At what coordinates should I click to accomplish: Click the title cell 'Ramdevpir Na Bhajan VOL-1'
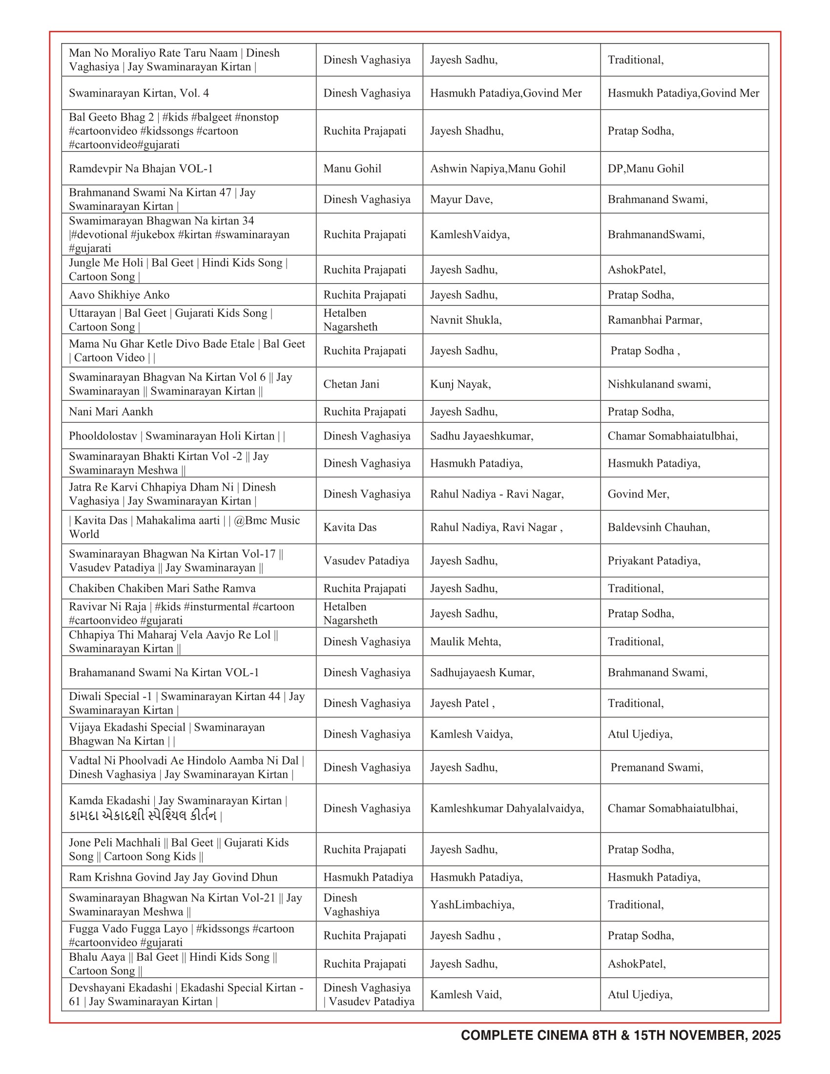(141, 169)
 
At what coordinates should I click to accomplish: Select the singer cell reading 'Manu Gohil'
(352, 169)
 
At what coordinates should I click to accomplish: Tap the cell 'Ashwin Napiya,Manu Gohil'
(498, 169)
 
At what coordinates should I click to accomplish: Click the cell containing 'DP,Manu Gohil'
(645, 169)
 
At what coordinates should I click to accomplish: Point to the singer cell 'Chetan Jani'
(351, 384)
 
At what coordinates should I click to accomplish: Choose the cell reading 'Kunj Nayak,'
(460, 384)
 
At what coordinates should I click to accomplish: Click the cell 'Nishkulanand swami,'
(659, 384)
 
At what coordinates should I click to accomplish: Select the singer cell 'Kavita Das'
(350, 527)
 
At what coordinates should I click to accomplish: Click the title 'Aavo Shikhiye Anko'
(119, 295)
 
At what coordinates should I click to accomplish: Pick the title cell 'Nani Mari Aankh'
(111, 412)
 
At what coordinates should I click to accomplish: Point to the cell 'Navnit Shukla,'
(466, 320)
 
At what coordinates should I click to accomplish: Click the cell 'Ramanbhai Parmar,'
(655, 320)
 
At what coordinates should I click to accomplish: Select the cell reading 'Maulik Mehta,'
(465, 642)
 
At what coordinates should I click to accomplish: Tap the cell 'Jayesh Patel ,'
(462, 703)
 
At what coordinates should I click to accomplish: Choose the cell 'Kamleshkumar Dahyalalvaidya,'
(507, 808)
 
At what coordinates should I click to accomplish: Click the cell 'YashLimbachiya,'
(472, 905)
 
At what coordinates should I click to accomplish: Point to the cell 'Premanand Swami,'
(656, 767)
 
